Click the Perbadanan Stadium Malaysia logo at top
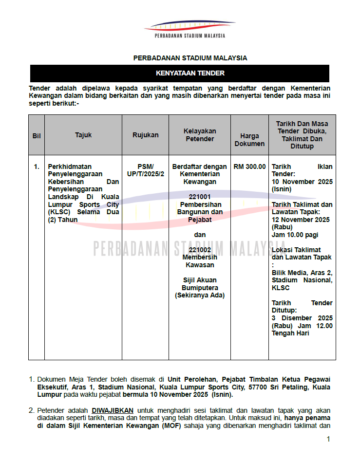189,30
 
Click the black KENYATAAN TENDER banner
180,74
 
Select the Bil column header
36,135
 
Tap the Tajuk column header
83,135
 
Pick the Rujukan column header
145,135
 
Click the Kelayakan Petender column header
200,135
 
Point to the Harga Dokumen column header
249,140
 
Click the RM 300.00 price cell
249,166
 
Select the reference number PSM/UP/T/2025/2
145,170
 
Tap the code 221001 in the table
200,197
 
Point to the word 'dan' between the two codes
200,235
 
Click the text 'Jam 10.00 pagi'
295,235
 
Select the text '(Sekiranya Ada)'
200,295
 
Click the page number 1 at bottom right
328,439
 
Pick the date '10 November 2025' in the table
302,182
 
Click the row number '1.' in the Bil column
36,166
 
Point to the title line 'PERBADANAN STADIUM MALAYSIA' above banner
190,58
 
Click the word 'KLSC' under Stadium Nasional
281,288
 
